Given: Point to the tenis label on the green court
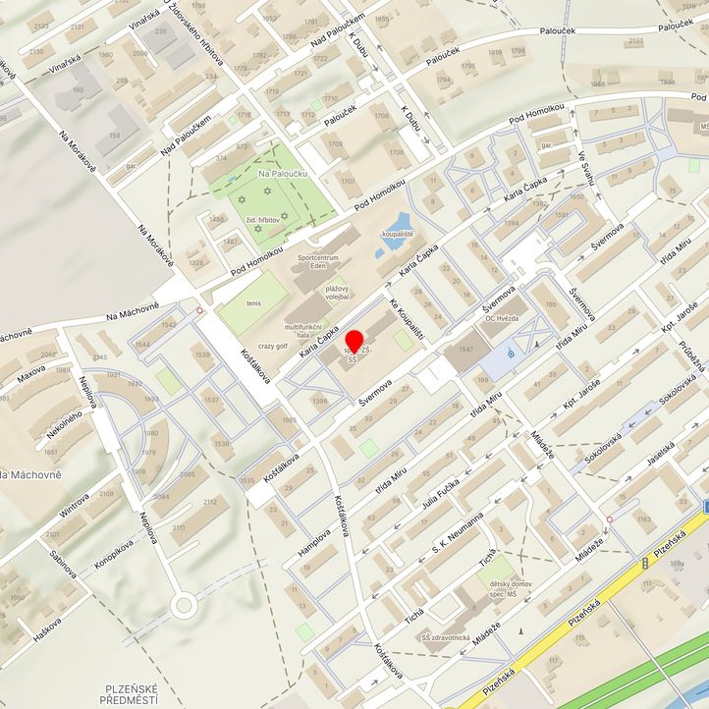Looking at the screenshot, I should point(254,303).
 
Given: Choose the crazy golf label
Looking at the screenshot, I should point(274,347).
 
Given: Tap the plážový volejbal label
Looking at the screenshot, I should point(338,292).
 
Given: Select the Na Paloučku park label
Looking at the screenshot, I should point(277,174).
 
